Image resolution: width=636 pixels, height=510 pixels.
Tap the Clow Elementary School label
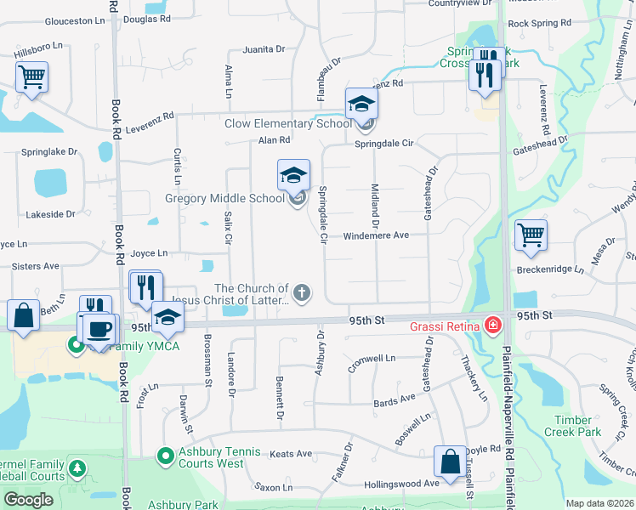pyautogui.click(x=287, y=124)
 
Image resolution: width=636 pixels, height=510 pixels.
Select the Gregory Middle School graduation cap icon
pyautogui.click(x=293, y=176)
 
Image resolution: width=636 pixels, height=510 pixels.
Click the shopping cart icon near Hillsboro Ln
pyautogui.click(x=31, y=77)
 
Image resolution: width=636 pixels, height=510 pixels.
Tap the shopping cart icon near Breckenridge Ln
pyautogui.click(x=531, y=234)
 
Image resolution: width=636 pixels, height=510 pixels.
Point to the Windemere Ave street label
pyautogui.click(x=376, y=235)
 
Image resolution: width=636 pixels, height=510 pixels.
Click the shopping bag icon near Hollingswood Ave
pyautogui.click(x=450, y=461)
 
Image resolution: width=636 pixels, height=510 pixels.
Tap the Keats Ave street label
pyautogui.click(x=291, y=454)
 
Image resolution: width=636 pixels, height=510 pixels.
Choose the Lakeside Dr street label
pyautogui.click(x=51, y=214)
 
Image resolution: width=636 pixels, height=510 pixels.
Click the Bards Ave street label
pyautogui.click(x=395, y=399)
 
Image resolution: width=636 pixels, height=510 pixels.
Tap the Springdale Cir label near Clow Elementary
pyautogui.click(x=384, y=144)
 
